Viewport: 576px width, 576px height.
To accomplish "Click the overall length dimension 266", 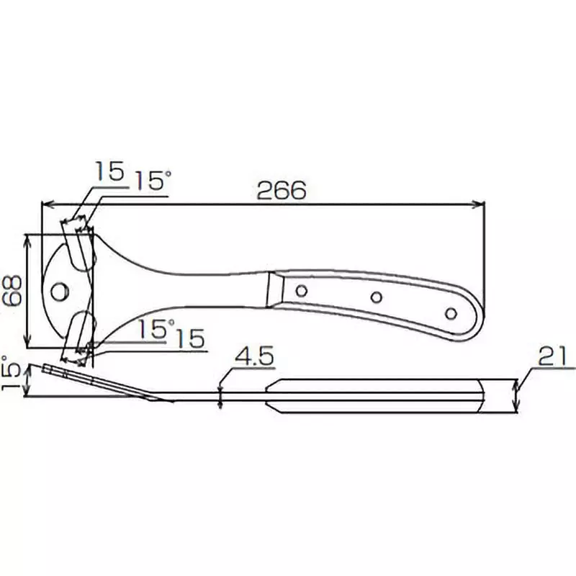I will tap(282, 191).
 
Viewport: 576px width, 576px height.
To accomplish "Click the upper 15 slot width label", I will tap(109, 173).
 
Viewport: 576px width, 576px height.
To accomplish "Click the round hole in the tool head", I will tap(60, 291).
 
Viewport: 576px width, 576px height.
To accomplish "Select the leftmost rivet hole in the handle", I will tap(302, 291).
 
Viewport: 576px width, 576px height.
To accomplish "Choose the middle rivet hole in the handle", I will tap(375, 297).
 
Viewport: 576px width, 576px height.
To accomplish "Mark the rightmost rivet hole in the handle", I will tap(451, 314).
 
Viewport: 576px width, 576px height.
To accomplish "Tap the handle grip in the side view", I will tap(374, 395).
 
